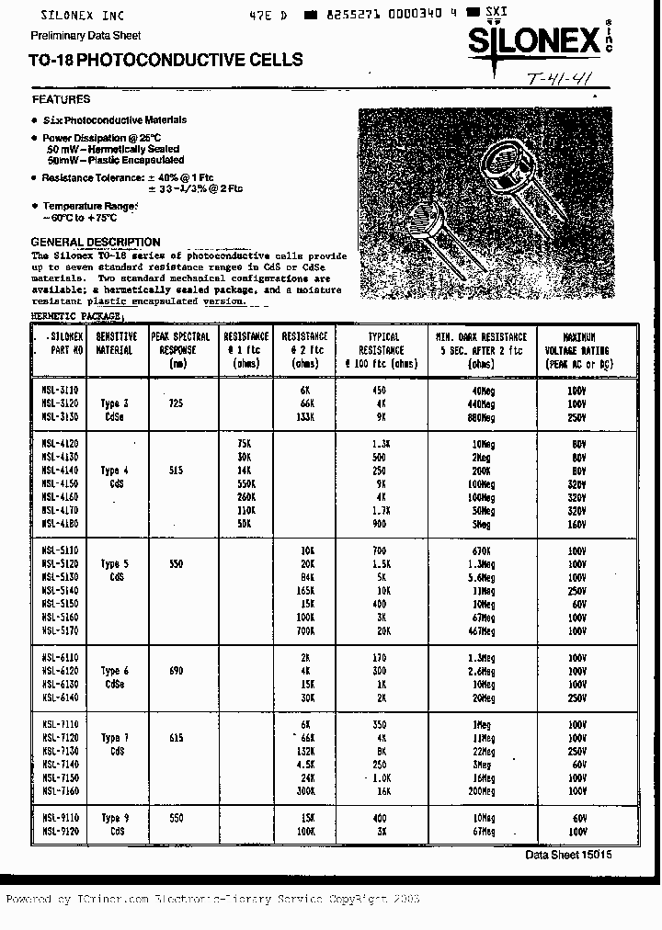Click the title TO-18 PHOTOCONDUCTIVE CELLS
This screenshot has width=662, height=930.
165,61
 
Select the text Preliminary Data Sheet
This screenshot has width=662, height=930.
86,36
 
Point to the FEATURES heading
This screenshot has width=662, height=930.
61,99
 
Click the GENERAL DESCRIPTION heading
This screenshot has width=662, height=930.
96,242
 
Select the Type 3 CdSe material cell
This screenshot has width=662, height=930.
114,409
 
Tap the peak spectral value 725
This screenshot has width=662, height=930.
177,403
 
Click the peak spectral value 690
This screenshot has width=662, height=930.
177,671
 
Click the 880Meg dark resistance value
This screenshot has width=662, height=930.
481,417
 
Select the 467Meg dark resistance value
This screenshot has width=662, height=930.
481,631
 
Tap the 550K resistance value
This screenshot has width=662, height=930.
246,483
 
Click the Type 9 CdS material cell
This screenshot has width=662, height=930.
114,824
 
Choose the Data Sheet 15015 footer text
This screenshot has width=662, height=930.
567,855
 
